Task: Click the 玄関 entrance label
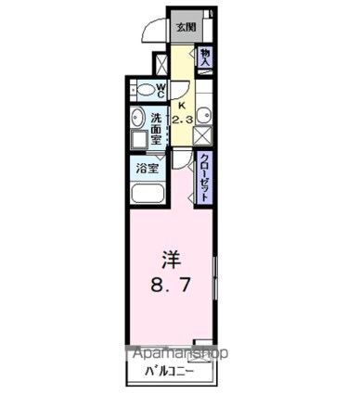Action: [186, 27]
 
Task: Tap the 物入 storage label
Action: [205, 57]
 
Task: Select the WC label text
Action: [161, 90]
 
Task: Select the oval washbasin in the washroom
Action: [137, 118]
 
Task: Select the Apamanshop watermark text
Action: [178, 353]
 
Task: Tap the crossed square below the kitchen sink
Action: [203, 136]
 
